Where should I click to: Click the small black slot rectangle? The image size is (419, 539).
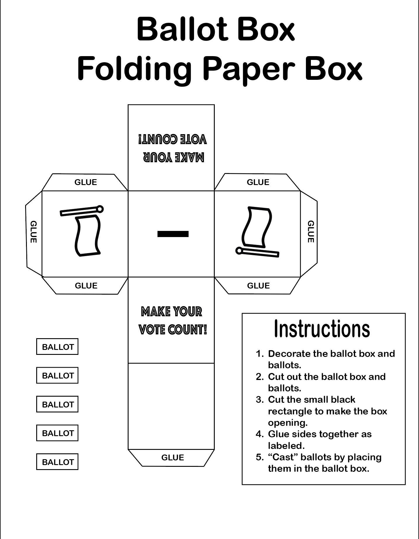pyautogui.click(x=173, y=234)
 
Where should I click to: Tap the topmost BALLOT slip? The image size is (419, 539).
pyautogui.click(x=57, y=347)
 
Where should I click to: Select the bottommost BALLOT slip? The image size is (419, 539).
pyautogui.click(x=57, y=462)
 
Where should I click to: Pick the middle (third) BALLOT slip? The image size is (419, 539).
pyautogui.click(x=57, y=404)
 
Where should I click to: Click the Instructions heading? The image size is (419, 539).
pyautogui.click(x=322, y=329)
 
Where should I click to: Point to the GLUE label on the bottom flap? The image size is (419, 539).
pyautogui.click(x=172, y=457)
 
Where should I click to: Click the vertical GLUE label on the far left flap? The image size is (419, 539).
pyautogui.click(x=33, y=232)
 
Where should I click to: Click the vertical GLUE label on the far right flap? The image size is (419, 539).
pyautogui.click(x=311, y=232)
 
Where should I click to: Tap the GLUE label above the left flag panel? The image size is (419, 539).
pyautogui.click(x=86, y=182)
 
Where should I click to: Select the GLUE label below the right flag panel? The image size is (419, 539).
pyautogui.click(x=258, y=286)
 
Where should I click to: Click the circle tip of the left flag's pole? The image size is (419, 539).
pyautogui.click(x=100, y=209)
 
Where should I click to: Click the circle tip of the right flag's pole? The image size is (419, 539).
pyautogui.click(x=239, y=251)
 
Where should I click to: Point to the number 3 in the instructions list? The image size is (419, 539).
pyautogui.click(x=259, y=400)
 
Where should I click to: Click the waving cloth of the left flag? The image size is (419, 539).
pyautogui.click(x=88, y=235)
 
